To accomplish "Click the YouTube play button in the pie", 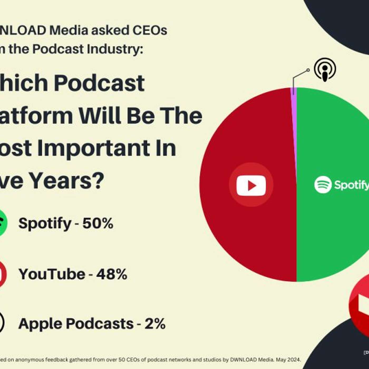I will pyautogui.click(x=251, y=186).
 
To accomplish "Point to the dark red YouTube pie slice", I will pyautogui.click(x=250, y=232).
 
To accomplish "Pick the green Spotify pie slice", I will pyautogui.click(x=332, y=232).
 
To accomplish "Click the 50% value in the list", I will pyautogui.click(x=98, y=223).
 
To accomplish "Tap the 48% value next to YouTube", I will pyautogui.click(x=112, y=274).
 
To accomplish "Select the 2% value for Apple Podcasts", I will pyautogui.click(x=155, y=324).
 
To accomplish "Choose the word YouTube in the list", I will pyautogui.click(x=52, y=274).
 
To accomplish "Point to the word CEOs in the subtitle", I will pyautogui.click(x=149, y=30).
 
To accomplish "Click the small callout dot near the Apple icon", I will pyautogui.click(x=308, y=70).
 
